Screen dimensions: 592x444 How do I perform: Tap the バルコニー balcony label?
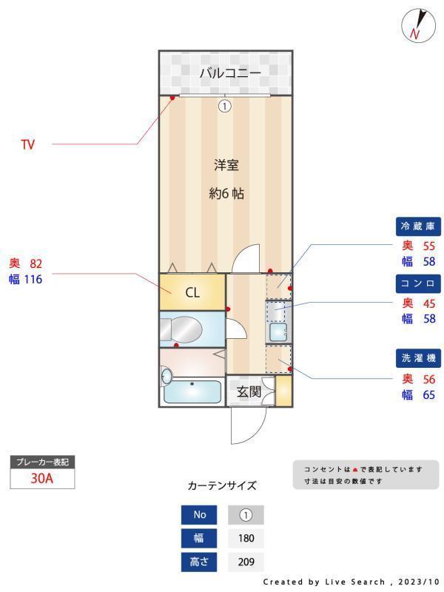(229, 73)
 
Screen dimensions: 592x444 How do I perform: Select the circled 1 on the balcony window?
(225, 106)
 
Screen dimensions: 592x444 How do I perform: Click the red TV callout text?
(27, 145)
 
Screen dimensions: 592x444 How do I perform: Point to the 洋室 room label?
(226, 165)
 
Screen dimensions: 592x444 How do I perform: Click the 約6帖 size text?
(226, 194)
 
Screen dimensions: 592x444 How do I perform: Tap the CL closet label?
(192, 292)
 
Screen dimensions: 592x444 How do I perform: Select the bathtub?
(192, 391)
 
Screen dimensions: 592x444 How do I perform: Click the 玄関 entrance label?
(249, 391)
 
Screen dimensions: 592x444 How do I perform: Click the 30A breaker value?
(42, 478)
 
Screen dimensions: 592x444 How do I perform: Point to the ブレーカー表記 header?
(42, 462)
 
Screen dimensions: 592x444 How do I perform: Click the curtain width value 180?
(246, 538)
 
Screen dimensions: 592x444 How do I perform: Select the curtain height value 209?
(246, 562)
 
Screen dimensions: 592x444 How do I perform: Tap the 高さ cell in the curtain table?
(200, 562)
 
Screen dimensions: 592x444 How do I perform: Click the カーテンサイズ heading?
(222, 486)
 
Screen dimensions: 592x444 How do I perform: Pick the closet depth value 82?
(37, 263)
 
